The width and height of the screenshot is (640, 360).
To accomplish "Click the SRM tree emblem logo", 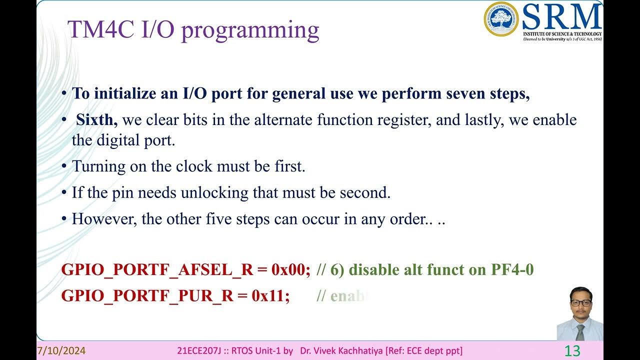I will pos(501,19).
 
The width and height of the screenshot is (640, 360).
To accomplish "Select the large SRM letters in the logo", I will pos(562,17).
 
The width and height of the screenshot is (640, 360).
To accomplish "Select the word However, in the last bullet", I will pos(104,219).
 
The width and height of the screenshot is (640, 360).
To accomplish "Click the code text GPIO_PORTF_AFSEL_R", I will pos(157,270).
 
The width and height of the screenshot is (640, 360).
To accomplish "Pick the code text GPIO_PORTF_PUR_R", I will pos(147,296).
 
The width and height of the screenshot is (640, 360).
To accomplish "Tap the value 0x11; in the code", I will pos(271,296).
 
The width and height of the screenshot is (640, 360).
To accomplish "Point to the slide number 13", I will pos(572,351).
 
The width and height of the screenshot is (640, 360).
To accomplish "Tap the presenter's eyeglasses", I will pos(581,303).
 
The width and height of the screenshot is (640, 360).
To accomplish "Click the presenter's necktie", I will pos(580,331).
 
